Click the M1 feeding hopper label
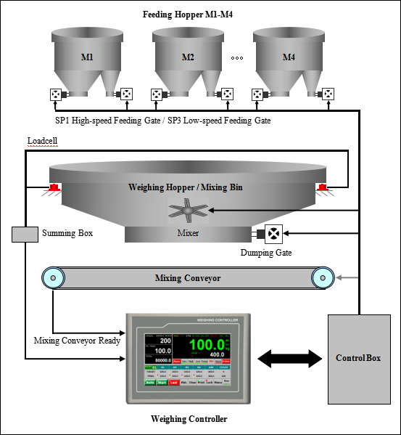click(86, 57)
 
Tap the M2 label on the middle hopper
click(188, 57)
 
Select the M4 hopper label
click(289, 57)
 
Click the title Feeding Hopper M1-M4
click(188, 13)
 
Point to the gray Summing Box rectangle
click(25, 234)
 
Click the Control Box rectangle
click(358, 359)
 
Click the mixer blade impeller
click(189, 211)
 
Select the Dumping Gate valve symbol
click(274, 234)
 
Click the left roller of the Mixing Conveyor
click(51, 277)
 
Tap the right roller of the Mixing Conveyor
click(323, 277)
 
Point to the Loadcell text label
click(43, 141)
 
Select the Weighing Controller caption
click(189, 419)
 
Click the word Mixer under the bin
click(189, 234)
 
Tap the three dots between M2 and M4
click(237, 57)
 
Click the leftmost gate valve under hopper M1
click(56, 94)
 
